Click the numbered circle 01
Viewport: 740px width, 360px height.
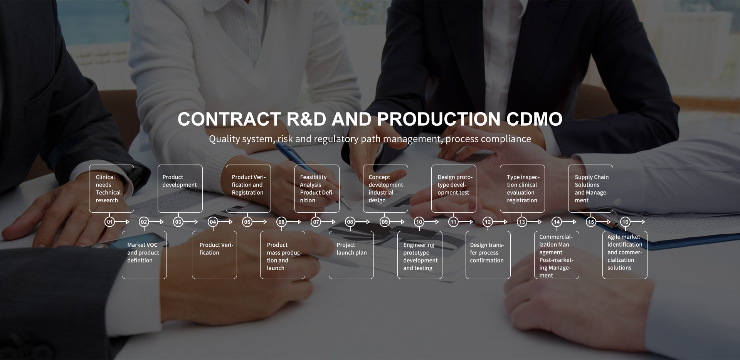click(x=110, y=222)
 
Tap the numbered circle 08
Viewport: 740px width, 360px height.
click(x=350, y=222)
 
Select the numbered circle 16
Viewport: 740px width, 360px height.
click(x=625, y=222)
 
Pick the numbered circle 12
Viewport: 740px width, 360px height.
click(x=488, y=222)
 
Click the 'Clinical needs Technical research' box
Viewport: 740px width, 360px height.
click(x=111, y=188)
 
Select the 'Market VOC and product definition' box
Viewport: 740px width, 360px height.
click(x=144, y=255)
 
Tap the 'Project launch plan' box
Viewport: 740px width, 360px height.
click(x=351, y=255)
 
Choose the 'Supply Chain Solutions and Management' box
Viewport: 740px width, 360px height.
click(x=590, y=188)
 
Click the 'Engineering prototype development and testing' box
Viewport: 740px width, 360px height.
click(x=420, y=255)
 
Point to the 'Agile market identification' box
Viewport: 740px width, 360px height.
click(x=625, y=255)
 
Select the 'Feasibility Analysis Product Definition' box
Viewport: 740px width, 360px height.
click(x=317, y=188)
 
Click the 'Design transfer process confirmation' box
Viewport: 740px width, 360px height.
click(x=488, y=255)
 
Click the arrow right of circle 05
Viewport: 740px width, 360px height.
click(x=260, y=222)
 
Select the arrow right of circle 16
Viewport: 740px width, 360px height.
click(x=638, y=222)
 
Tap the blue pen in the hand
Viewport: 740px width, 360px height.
click(x=293, y=158)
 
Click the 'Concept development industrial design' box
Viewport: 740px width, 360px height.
click(x=385, y=188)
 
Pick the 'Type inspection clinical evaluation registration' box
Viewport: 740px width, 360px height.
click(x=522, y=188)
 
